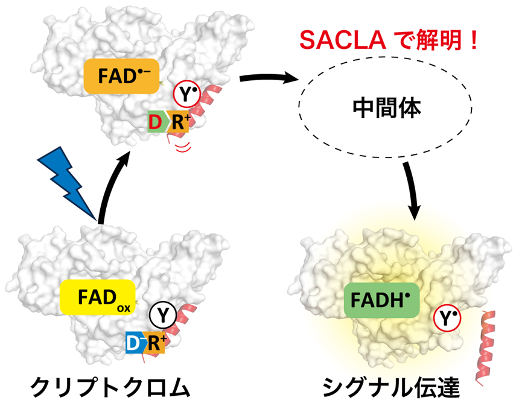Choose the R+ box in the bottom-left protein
point(156,343)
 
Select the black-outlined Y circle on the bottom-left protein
point(162,314)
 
